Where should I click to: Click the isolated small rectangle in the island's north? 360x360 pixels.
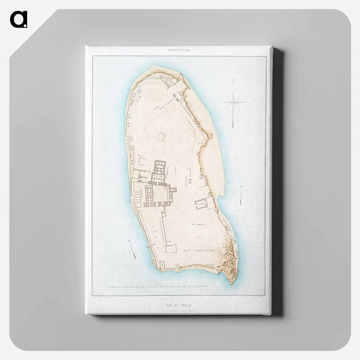162,137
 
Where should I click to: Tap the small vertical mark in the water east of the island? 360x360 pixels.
241,195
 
